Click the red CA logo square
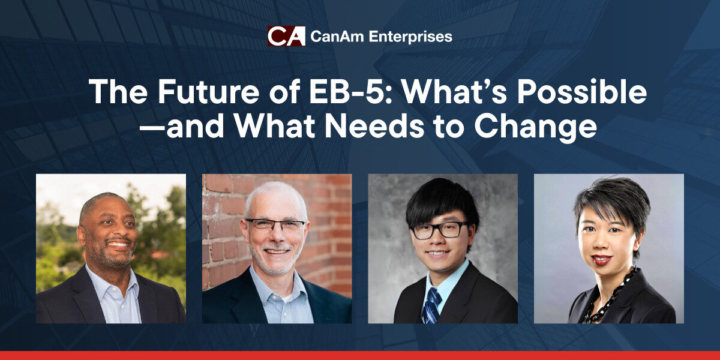point(286,36)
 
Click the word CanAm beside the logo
point(337,37)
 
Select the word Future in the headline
point(209,92)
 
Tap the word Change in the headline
point(535,128)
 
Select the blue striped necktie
point(431,305)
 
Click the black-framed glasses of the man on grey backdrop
point(440,230)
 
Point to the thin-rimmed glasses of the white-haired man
point(275,224)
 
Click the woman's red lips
point(601,259)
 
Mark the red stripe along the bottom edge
point(360,355)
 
